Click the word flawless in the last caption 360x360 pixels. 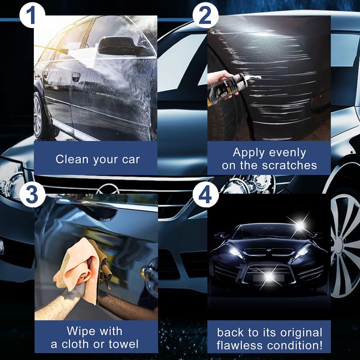[239, 345]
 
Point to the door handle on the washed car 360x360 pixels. [76, 77]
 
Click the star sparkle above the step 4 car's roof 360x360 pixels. [300, 225]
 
